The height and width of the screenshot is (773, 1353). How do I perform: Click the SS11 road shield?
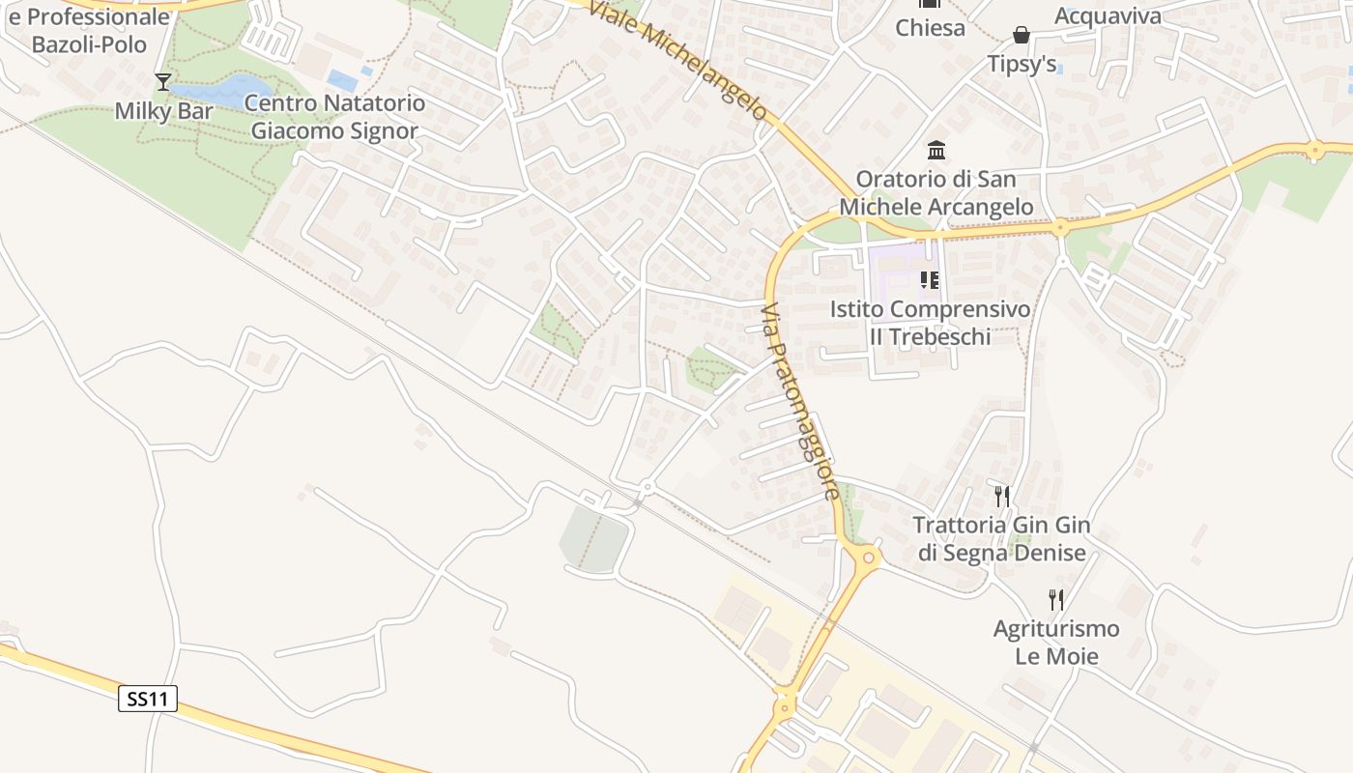(148, 699)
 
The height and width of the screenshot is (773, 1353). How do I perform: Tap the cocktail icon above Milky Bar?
(162, 82)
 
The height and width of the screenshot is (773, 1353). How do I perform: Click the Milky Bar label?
(163, 111)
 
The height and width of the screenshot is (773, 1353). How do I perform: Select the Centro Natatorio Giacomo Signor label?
(334, 117)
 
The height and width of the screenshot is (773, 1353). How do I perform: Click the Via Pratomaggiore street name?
(799, 402)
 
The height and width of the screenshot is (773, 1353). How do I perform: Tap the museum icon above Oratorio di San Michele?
(936, 151)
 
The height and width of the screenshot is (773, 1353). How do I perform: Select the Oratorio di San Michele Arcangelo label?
(936, 193)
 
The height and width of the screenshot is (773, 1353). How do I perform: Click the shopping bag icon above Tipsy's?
(1022, 36)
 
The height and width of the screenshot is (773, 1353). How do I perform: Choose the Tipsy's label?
(1022, 64)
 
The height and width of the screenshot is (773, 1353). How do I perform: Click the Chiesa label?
(930, 27)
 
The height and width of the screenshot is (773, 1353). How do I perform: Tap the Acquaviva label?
(1108, 15)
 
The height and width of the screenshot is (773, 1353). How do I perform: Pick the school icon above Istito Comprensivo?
(930, 281)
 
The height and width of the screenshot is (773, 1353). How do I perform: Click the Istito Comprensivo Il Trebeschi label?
(930, 323)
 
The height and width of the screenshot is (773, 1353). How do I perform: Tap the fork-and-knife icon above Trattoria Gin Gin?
(1002, 497)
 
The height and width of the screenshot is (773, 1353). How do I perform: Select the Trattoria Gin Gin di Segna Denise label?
(1001, 539)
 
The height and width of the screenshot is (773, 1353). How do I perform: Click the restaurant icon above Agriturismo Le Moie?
(1055, 600)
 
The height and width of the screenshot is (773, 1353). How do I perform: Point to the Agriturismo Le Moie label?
(1056, 643)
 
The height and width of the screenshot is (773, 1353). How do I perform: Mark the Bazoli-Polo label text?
(89, 44)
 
